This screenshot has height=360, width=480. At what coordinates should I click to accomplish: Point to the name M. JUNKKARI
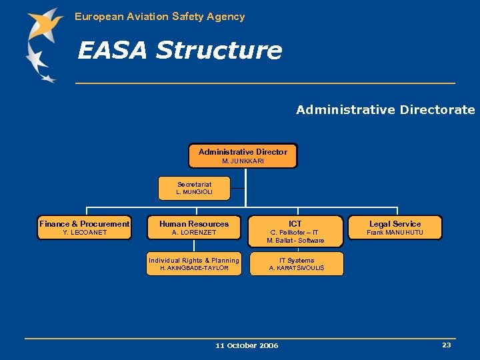pyautogui.click(x=243, y=161)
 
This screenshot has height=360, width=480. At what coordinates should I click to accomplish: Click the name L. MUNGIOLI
pyautogui.click(x=194, y=192)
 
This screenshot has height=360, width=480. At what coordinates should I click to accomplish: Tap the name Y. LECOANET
pyautogui.click(x=85, y=233)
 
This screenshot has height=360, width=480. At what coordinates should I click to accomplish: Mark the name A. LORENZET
pyautogui.click(x=194, y=233)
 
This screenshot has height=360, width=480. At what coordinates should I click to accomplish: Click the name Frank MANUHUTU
pyautogui.click(x=395, y=233)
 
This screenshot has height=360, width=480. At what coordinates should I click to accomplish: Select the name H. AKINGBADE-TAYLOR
pyautogui.click(x=194, y=268)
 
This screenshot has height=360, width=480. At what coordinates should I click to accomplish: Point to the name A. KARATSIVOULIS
pyautogui.click(x=297, y=268)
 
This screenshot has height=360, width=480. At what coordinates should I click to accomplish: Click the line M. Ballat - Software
pyautogui.click(x=295, y=241)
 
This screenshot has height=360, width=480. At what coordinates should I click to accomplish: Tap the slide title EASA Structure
pyautogui.click(x=179, y=50)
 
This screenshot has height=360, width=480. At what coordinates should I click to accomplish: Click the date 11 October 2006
pyautogui.click(x=247, y=345)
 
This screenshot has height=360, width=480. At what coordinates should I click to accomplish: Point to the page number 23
pyautogui.click(x=446, y=345)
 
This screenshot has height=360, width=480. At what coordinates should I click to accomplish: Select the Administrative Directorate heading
pyautogui.click(x=385, y=110)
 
